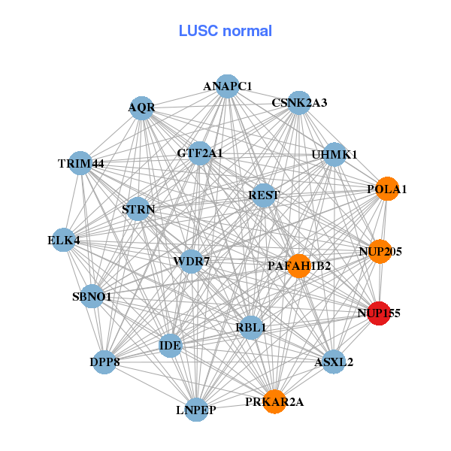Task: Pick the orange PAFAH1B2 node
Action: [299, 265]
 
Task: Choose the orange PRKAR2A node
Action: [274, 401]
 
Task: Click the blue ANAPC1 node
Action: [227, 86]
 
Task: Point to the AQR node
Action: [141, 107]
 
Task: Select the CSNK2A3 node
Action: [299, 103]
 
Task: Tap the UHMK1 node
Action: [334, 155]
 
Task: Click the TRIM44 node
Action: [81, 163]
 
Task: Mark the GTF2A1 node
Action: [200, 153]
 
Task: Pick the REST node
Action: [264, 195]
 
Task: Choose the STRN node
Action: [138, 209]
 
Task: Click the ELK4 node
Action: [64, 241]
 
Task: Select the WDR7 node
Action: [192, 262]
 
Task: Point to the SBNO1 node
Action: [92, 297]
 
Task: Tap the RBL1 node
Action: [251, 327]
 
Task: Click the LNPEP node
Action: [196, 410]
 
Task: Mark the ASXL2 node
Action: [334, 362]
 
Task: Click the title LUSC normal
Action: [225, 31]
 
